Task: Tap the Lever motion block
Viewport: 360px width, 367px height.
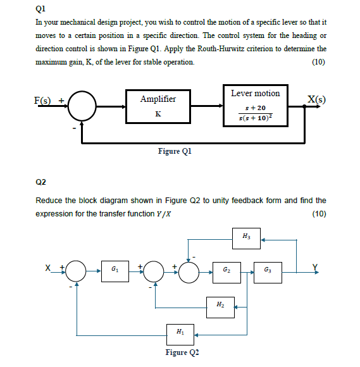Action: pyautogui.click(x=255, y=107)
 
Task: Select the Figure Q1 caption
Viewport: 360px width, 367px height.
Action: pyautogui.click(x=173, y=151)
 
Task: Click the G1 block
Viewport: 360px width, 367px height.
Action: pyautogui.click(x=114, y=271)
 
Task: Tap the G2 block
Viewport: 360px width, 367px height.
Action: pyautogui.click(x=225, y=271)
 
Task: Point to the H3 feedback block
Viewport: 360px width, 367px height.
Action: pyautogui.click(x=245, y=239)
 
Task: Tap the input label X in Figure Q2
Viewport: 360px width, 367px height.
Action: pyautogui.click(x=48, y=267)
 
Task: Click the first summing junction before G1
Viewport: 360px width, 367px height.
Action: pyautogui.click(x=77, y=271)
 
